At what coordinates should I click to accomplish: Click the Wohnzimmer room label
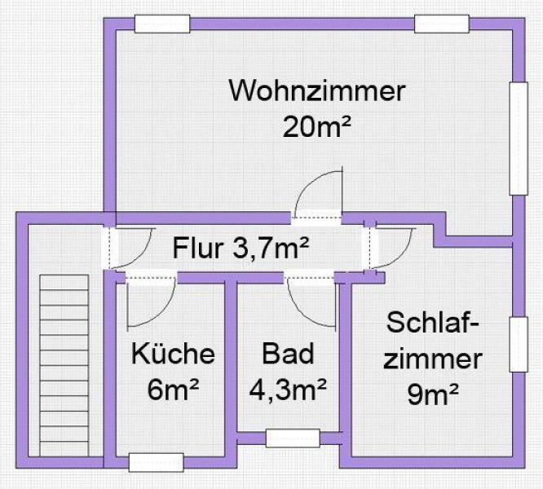[317, 91]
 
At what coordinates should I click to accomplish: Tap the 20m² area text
[317, 126]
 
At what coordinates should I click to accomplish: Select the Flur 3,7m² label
[241, 248]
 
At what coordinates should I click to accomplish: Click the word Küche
[173, 353]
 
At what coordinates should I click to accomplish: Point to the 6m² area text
[173, 389]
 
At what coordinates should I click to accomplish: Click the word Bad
[288, 353]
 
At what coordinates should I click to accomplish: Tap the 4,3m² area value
[288, 389]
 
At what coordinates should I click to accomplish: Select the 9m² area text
[433, 394]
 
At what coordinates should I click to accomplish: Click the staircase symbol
[64, 365]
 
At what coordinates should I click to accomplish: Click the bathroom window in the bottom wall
[293, 438]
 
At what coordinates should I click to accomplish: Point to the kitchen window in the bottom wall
[157, 462]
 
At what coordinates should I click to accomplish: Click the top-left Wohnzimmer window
[162, 24]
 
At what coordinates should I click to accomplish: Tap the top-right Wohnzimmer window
[442, 24]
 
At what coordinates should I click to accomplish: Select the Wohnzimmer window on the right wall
[519, 139]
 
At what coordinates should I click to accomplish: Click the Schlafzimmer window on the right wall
[519, 345]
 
